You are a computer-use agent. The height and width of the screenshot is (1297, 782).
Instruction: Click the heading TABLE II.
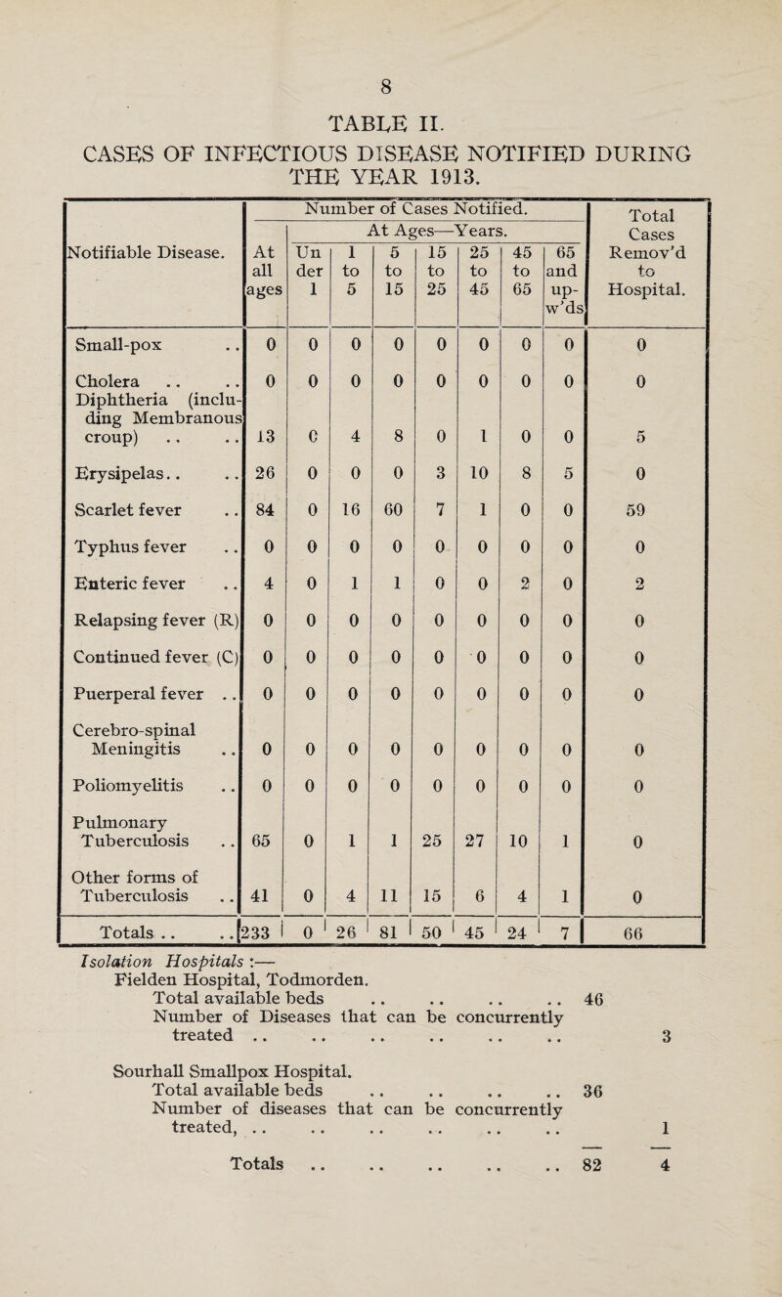(390, 123)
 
